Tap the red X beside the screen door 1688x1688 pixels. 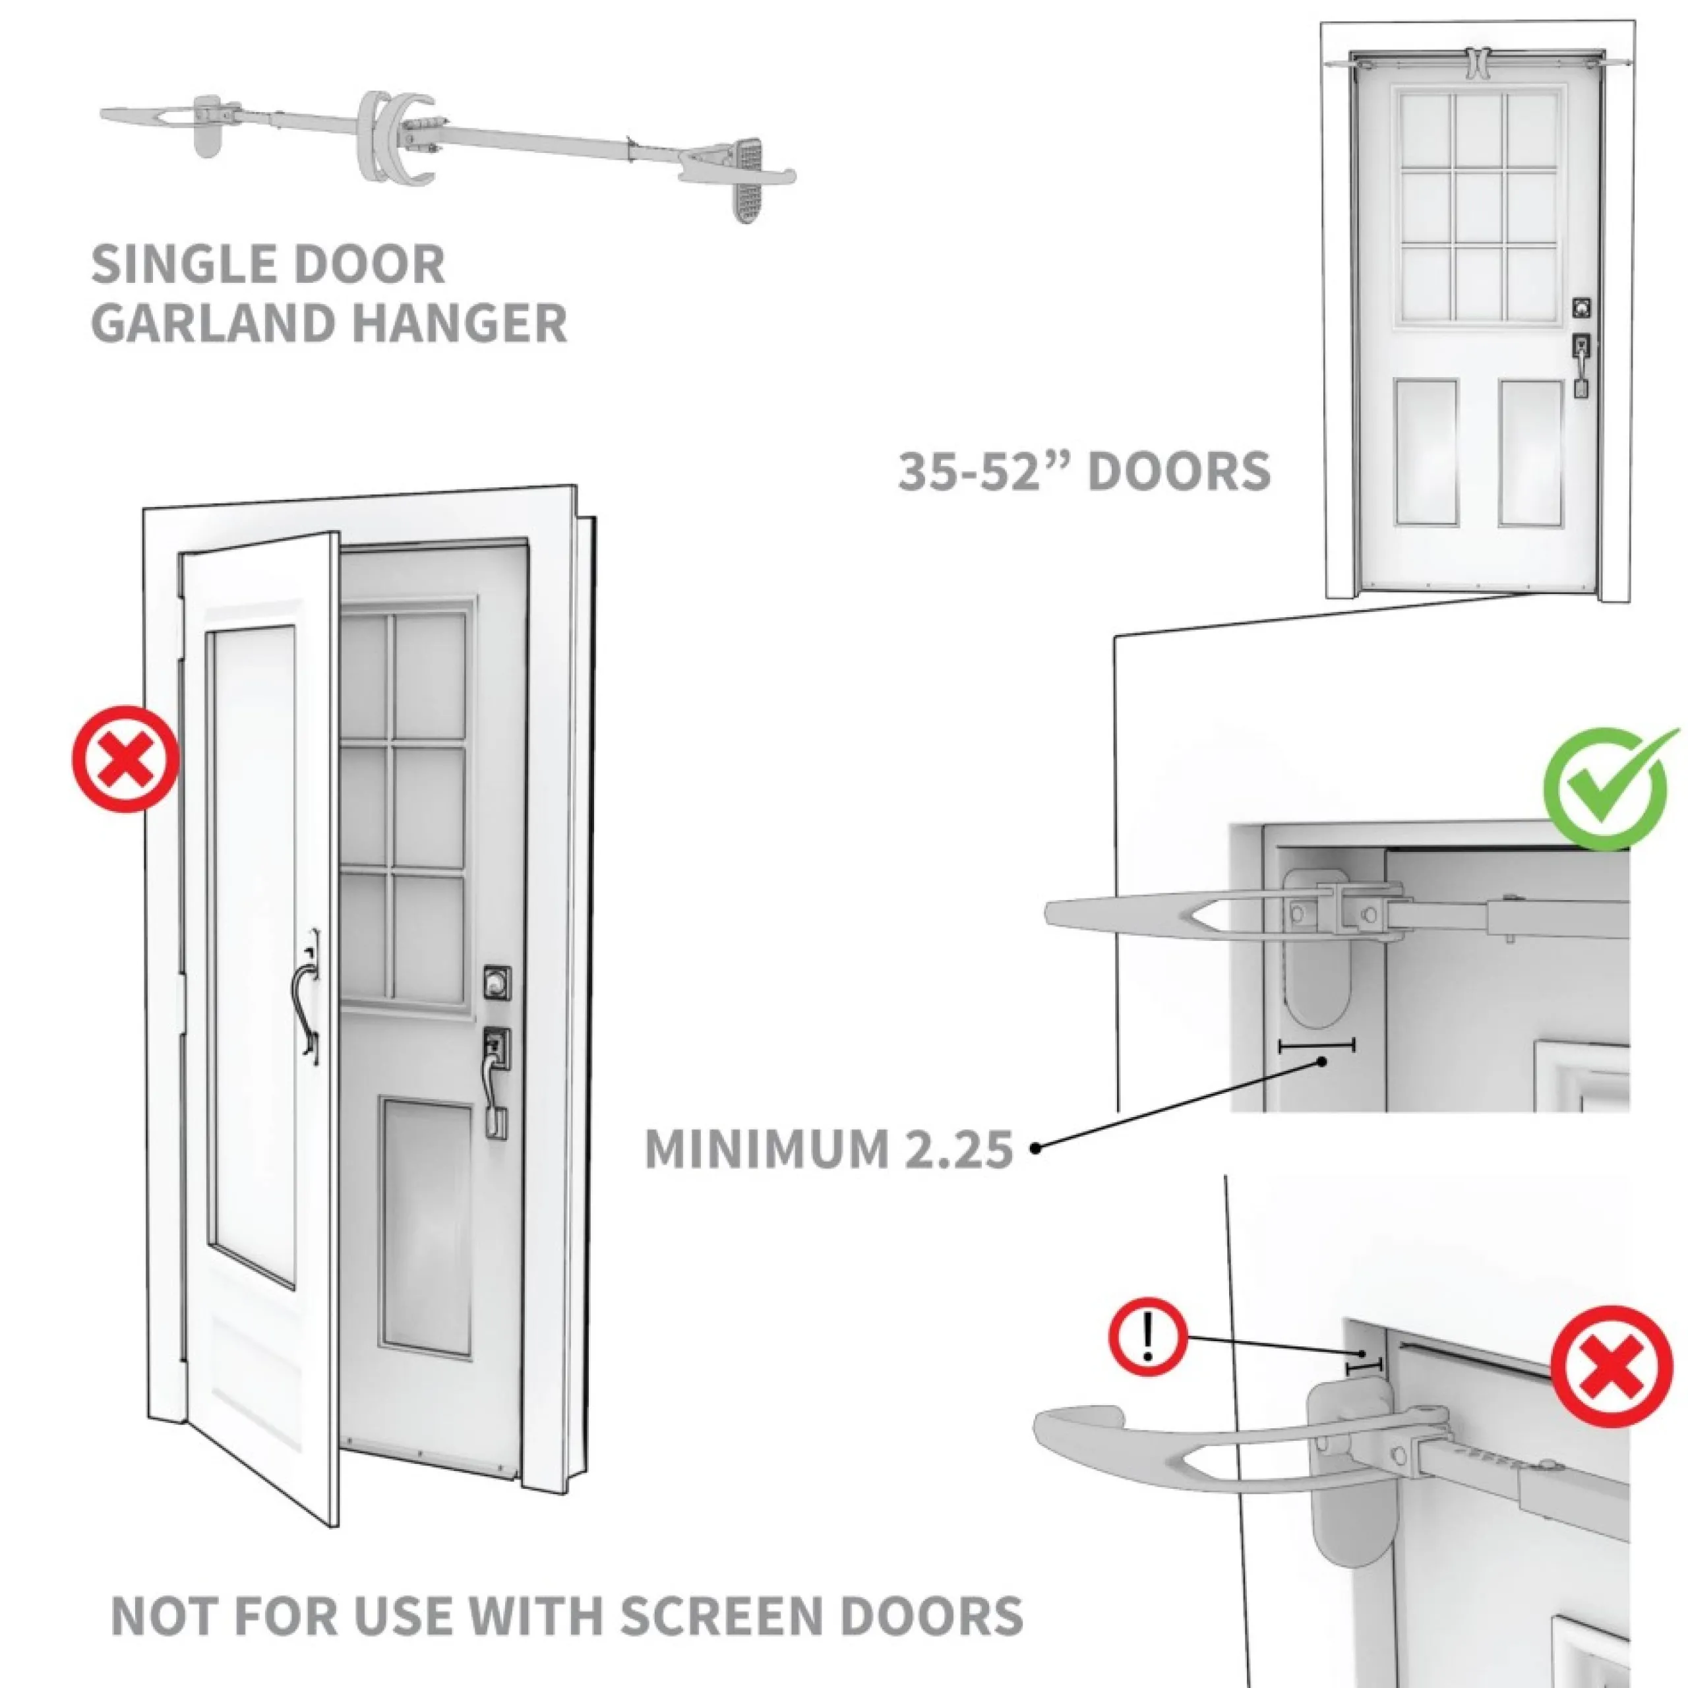(x=126, y=759)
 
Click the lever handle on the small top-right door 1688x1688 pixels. (x=1581, y=366)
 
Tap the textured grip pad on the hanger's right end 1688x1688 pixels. (x=746, y=180)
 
